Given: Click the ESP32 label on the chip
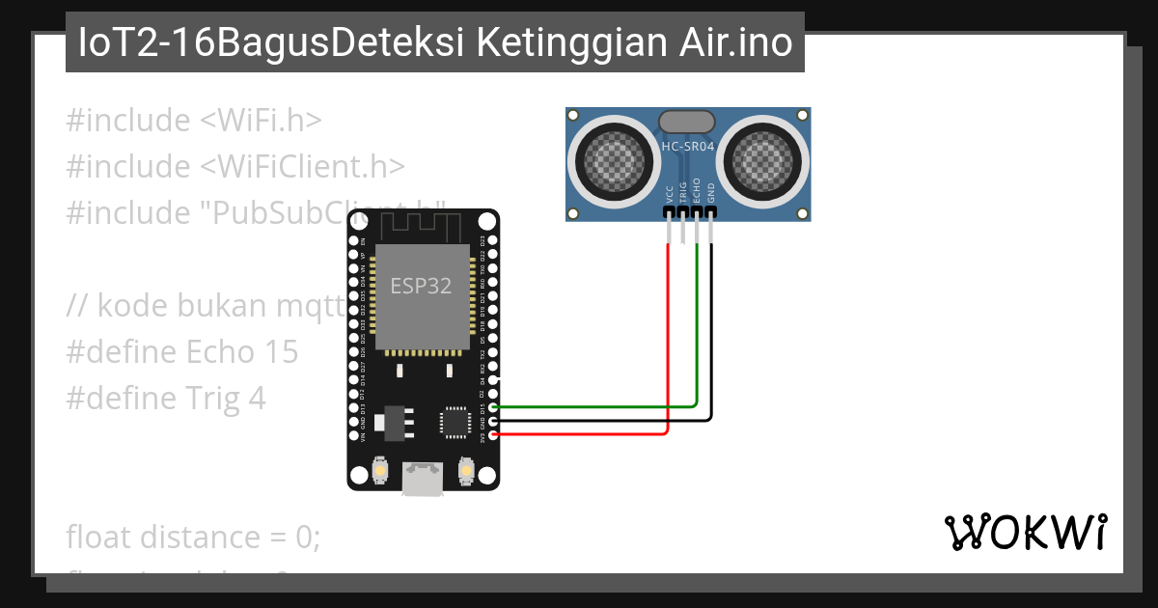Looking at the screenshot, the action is pyautogui.click(x=421, y=286).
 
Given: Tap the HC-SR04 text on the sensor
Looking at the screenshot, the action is pyautogui.click(x=687, y=147).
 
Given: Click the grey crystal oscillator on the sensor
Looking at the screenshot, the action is pyautogui.click(x=687, y=122).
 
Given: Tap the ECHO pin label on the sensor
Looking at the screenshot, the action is pyautogui.click(x=697, y=189).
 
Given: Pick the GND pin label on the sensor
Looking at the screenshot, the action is pyautogui.click(x=711, y=192).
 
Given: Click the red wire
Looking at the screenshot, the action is pyautogui.click(x=669, y=338).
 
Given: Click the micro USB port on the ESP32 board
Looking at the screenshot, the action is pyautogui.click(x=423, y=480).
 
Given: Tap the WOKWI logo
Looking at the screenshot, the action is pyautogui.click(x=1026, y=532).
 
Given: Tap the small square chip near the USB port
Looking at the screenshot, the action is pyautogui.click(x=455, y=422).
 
